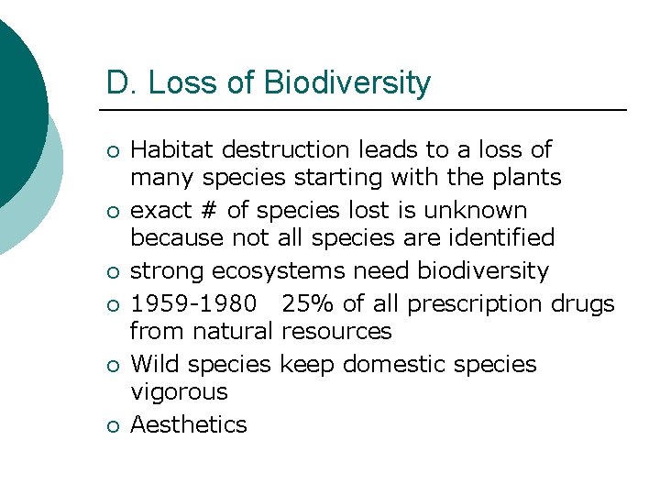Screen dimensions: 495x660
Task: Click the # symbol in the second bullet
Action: [209, 211]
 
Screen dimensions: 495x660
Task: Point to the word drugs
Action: [584, 304]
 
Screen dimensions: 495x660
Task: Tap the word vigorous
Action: [179, 392]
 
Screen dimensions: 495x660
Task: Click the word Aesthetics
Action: [189, 424]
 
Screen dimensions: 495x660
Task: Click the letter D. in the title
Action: [120, 83]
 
